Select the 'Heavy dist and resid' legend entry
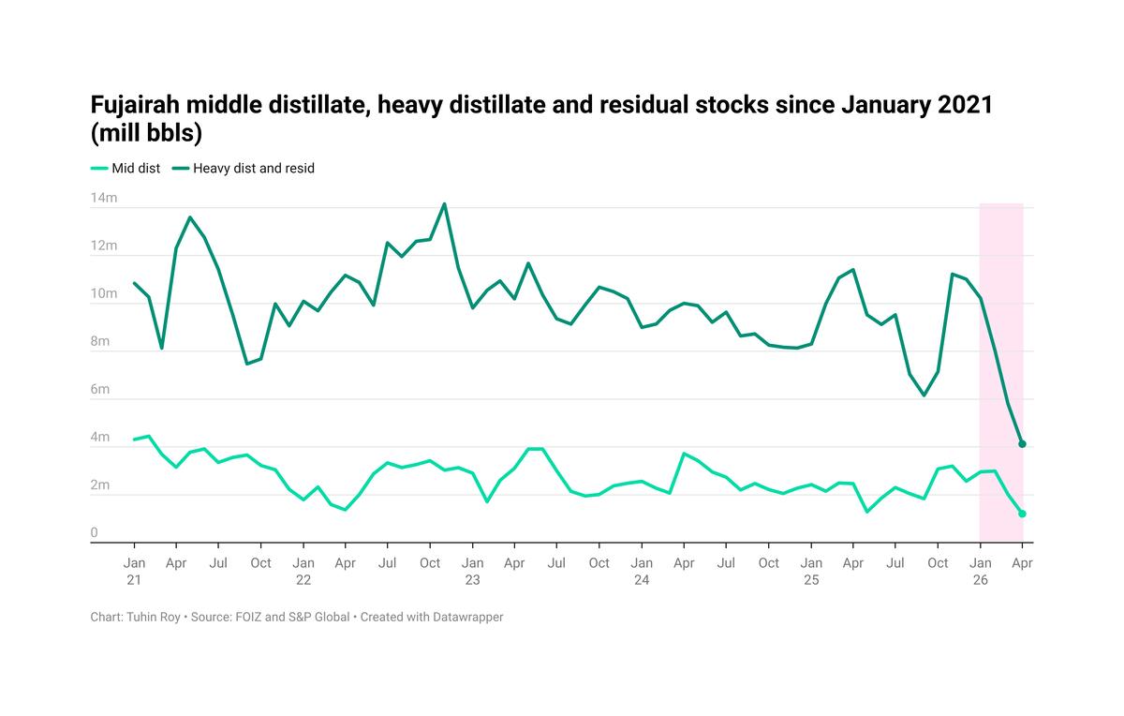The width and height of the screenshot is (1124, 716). [254, 169]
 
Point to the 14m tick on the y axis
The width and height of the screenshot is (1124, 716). [103, 199]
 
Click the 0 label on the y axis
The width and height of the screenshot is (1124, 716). [95, 533]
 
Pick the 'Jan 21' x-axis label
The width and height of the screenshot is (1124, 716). [134, 571]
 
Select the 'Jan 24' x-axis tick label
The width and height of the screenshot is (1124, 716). [642, 571]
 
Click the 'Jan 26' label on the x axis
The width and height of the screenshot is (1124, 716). [980, 571]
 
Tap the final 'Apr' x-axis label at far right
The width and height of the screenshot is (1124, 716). [1022, 563]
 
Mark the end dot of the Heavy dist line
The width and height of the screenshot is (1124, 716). [1022, 444]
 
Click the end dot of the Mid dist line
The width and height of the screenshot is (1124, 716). [1022, 514]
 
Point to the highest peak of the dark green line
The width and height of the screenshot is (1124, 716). [444, 204]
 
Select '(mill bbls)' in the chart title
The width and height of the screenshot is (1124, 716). [147, 134]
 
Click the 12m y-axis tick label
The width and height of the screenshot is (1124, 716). [103, 246]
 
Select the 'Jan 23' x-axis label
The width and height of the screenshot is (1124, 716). [472, 571]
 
